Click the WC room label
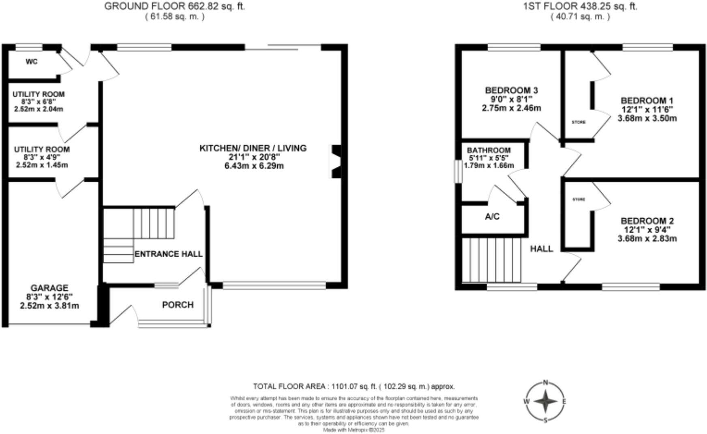click(x=31, y=62)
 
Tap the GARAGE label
click(x=49, y=288)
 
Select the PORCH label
click(x=178, y=305)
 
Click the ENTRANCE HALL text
click(x=168, y=254)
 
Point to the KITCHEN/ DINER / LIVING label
click(x=253, y=148)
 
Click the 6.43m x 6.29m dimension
click(x=254, y=166)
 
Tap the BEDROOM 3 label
click(x=511, y=90)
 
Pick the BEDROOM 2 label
click(x=647, y=221)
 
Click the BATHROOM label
click(x=488, y=151)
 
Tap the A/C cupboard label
click(x=492, y=217)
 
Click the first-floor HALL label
click(x=542, y=249)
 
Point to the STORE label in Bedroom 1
click(x=578, y=122)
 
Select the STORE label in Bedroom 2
click(x=579, y=200)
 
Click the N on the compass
click(x=546, y=382)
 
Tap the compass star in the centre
click(x=546, y=401)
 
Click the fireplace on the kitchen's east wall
click(x=336, y=161)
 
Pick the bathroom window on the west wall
click(x=457, y=172)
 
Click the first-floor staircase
click(x=491, y=260)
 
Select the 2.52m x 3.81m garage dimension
click(x=49, y=306)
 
